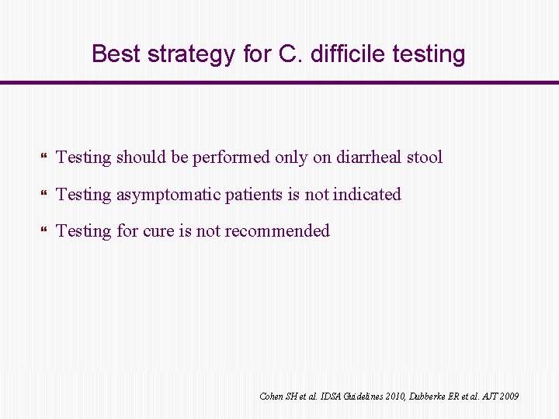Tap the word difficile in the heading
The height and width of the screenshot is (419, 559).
point(339,54)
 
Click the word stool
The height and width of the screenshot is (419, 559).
point(424,157)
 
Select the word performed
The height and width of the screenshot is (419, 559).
point(232,158)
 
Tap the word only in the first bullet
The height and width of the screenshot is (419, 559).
point(293,158)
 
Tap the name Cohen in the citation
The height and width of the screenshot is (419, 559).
point(272,396)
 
